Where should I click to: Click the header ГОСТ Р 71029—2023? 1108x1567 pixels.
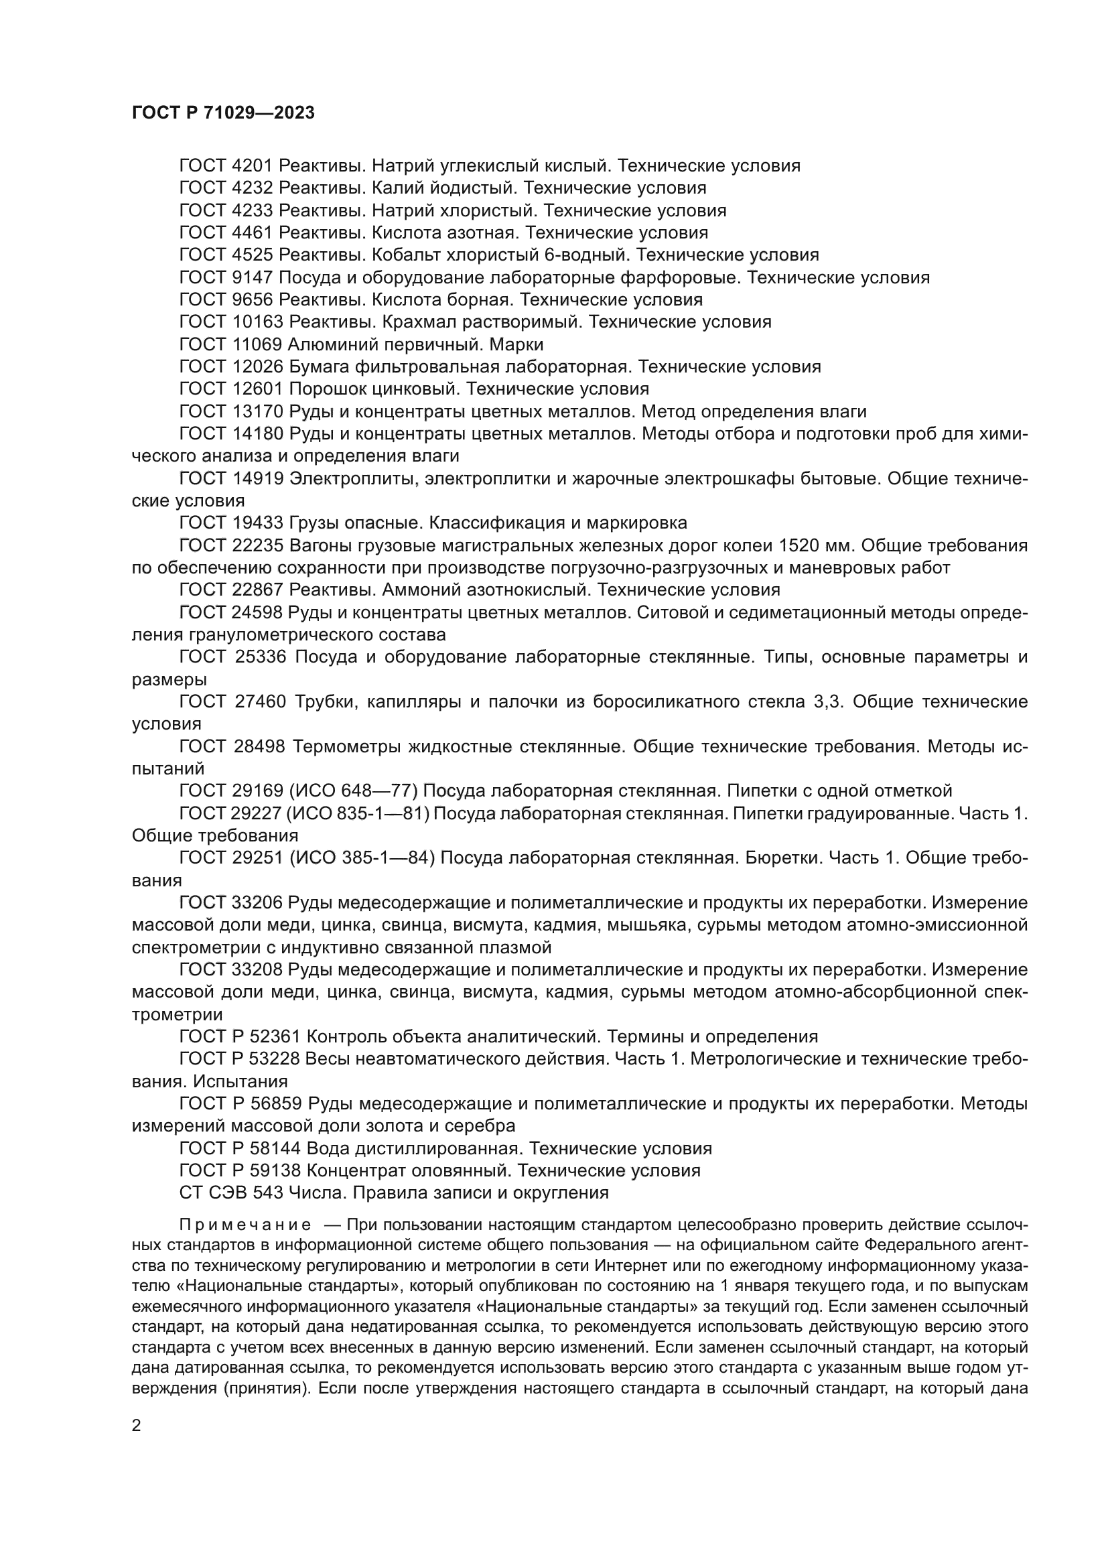coord(223,113)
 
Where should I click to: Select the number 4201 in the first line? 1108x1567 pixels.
coord(253,166)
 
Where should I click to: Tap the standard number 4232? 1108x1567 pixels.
coord(253,188)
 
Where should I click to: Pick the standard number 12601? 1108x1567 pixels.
coord(257,389)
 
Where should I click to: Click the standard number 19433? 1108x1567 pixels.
coord(257,523)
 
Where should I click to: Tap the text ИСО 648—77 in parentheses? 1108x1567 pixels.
coord(353,791)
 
